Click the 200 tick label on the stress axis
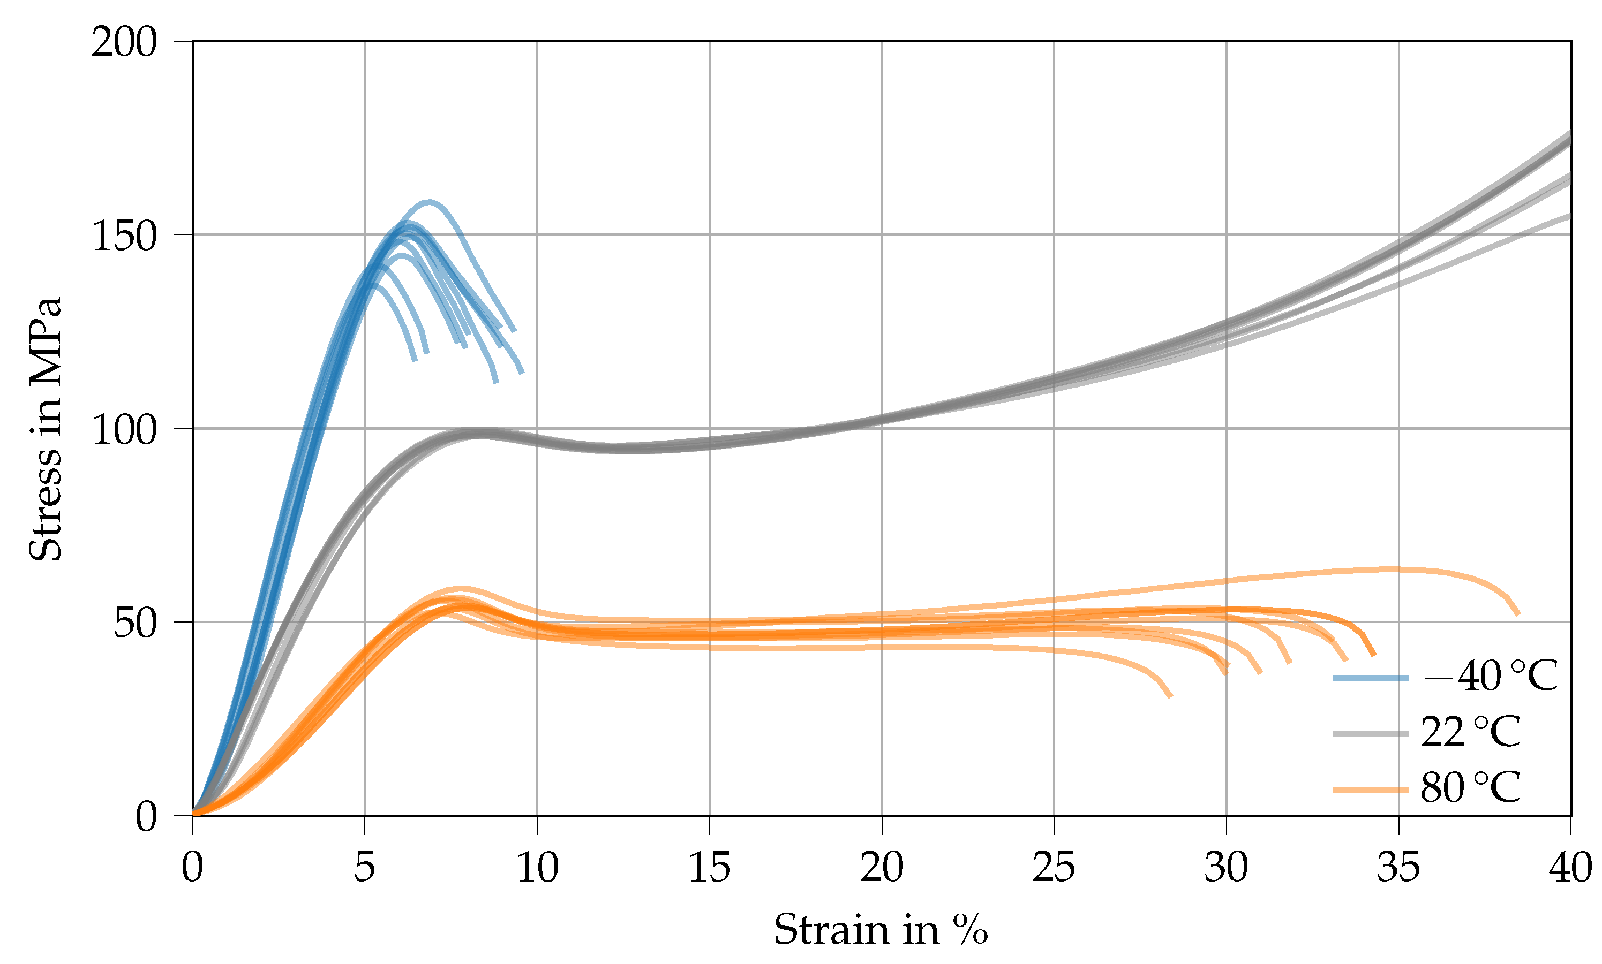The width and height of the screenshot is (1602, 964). [x=124, y=43]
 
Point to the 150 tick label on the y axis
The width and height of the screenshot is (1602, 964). [x=124, y=237]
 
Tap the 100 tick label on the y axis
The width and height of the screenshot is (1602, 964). [x=124, y=430]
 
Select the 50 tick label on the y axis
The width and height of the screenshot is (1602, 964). [x=135, y=624]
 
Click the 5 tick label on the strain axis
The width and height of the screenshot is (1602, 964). [x=365, y=868]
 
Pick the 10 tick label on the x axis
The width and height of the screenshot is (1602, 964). [x=537, y=868]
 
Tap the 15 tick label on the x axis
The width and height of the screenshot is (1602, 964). [x=709, y=868]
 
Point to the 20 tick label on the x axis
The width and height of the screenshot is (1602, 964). [x=881, y=868]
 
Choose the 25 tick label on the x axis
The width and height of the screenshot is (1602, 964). [x=1054, y=868]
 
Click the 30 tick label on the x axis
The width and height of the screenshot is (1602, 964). [x=1225, y=868]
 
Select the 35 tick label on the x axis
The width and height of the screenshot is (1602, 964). [x=1398, y=868]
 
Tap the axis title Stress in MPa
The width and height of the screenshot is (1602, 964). [x=46, y=429]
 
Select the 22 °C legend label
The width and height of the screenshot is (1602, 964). [x=1471, y=733]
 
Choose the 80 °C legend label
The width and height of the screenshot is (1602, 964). [x=1471, y=788]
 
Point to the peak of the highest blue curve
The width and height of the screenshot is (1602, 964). [x=429, y=202]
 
